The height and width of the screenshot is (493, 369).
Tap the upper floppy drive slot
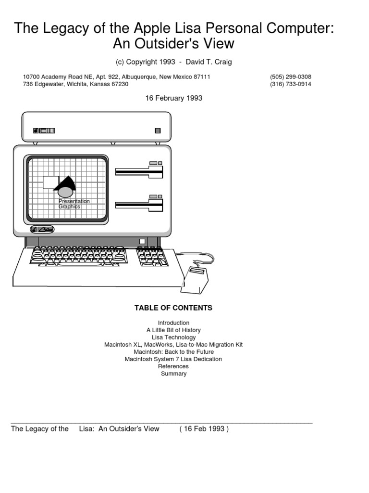click(139, 171)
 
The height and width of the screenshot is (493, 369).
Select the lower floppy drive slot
click(139, 205)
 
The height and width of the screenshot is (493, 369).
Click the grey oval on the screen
click(66, 192)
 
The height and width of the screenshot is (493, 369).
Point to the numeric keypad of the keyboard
click(152, 257)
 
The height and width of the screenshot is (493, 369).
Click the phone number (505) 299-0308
click(291, 77)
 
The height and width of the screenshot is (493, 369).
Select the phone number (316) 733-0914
click(291, 84)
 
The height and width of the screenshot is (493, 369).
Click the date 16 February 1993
click(174, 98)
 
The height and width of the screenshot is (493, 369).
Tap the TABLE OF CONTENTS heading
click(173, 308)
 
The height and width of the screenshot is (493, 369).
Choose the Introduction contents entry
click(173, 323)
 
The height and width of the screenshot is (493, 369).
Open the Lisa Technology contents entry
click(173, 337)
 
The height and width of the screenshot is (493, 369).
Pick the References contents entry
click(173, 366)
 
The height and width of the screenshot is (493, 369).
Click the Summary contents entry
click(173, 374)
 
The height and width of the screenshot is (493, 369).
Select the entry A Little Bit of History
click(173, 330)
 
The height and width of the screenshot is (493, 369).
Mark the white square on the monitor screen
click(50, 182)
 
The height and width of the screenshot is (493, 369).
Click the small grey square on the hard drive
click(157, 130)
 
